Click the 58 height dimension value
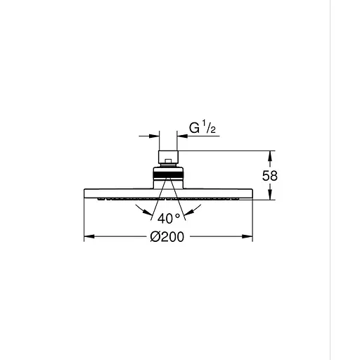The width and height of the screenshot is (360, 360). click(x=270, y=176)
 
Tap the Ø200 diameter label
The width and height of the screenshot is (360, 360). click(x=167, y=237)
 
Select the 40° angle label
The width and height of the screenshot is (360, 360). click(x=169, y=217)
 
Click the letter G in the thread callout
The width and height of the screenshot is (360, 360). click(x=193, y=129)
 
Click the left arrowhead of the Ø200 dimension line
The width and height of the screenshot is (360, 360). click(x=88, y=237)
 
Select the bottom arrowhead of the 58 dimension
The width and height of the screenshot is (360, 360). click(x=269, y=197)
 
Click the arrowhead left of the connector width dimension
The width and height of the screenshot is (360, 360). click(x=155, y=135)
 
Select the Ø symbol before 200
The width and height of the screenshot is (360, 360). click(x=155, y=237)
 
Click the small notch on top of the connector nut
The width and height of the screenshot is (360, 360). click(x=169, y=148)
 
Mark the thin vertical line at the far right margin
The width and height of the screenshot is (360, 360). click(x=330, y=180)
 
